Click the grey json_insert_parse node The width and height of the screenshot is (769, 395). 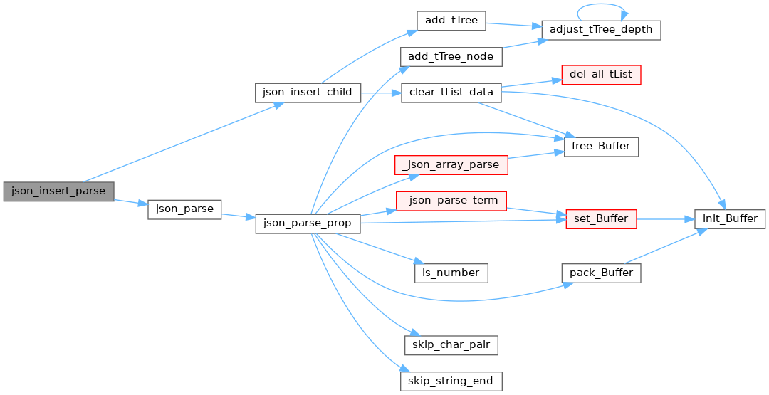(59, 191)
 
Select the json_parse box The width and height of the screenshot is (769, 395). (184, 209)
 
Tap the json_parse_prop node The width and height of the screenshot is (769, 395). (308, 223)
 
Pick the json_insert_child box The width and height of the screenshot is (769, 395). (308, 93)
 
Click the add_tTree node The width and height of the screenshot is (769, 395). (451, 21)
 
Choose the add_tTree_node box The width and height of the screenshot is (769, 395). (451, 57)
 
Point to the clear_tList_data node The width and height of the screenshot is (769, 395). (451, 93)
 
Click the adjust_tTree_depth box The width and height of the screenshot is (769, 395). (601, 30)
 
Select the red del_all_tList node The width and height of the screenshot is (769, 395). (601, 75)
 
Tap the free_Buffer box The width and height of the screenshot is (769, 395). (601, 147)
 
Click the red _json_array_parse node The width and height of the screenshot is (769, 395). (451, 165)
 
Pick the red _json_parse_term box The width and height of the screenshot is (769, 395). (451, 201)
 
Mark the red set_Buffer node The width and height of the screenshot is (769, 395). (601, 219)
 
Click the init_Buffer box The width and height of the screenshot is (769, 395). (730, 219)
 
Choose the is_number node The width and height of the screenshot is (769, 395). (451, 273)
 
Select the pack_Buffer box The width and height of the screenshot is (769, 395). (601, 273)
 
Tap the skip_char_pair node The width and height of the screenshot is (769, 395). (451, 345)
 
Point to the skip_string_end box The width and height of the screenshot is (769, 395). (451, 381)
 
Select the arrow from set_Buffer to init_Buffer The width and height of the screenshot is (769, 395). (666, 219)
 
